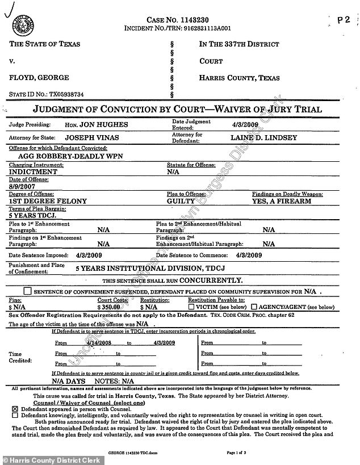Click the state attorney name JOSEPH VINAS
[93, 137]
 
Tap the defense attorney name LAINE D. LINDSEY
[261, 137]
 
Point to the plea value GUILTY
[181, 201]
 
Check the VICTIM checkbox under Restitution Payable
[191, 306]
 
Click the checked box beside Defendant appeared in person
[14, 408]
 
